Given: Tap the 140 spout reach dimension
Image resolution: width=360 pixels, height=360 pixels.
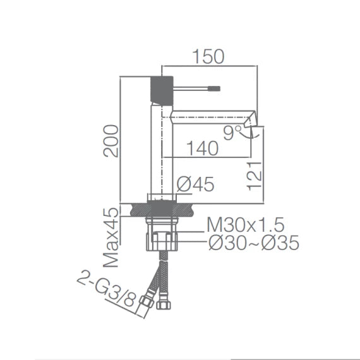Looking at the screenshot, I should click(203, 148).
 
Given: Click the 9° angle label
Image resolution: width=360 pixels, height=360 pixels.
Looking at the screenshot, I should click(232, 132).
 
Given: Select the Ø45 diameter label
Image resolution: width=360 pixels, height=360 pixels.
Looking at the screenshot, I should click(195, 184).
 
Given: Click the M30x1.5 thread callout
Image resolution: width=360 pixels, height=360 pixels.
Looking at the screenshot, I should click(246, 224).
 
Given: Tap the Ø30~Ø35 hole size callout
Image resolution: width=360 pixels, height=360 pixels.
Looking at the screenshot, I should click(253, 243).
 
